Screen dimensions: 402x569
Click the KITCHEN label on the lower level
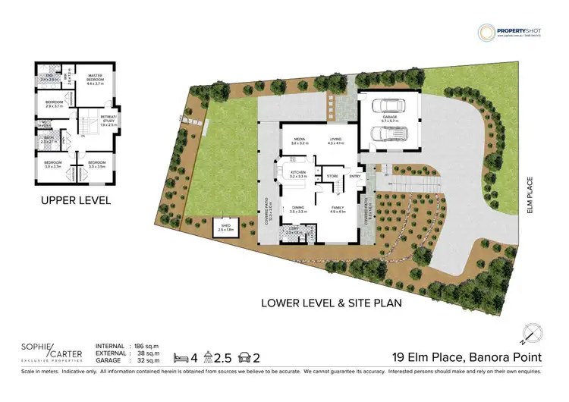(x=298, y=173)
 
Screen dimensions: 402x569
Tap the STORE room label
(x=332, y=176)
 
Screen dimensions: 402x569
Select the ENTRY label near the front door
(x=354, y=176)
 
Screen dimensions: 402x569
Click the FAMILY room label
(x=339, y=209)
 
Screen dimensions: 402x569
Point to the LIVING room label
(x=335, y=140)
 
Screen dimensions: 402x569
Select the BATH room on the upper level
(x=48, y=138)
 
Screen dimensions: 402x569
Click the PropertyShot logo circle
(x=486, y=33)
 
